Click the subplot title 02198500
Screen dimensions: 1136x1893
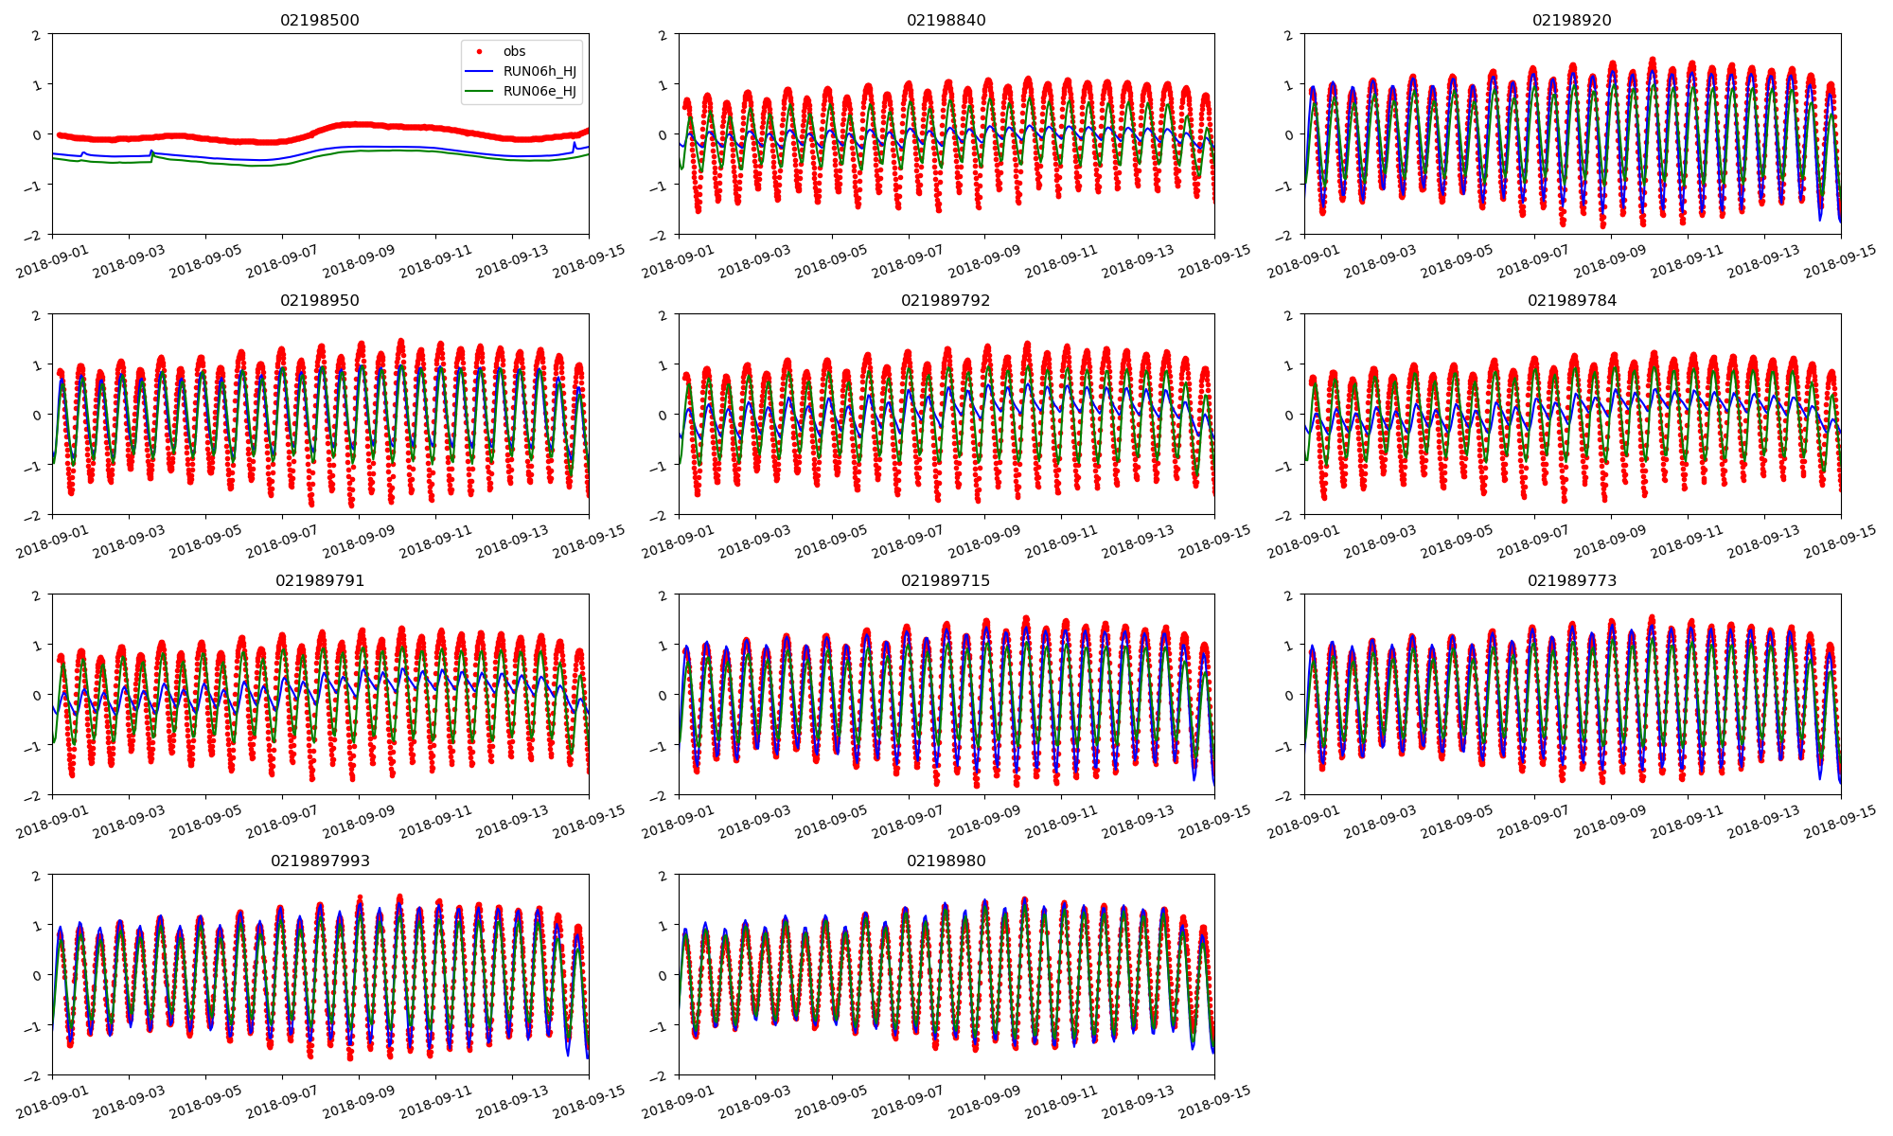320,20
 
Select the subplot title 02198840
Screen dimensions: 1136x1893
946,20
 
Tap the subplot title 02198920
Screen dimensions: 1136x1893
1572,20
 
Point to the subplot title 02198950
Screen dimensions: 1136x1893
320,300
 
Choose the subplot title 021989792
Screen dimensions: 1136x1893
946,300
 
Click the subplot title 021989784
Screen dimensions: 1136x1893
1572,300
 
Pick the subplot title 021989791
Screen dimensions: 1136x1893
320,580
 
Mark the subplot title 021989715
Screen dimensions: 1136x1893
946,580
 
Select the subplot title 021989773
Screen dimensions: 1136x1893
1572,580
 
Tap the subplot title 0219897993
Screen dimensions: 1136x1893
320,861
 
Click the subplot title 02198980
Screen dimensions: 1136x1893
946,861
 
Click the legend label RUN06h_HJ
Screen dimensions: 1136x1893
540,71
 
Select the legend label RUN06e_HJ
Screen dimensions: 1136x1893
540,91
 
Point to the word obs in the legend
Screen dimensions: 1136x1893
514,51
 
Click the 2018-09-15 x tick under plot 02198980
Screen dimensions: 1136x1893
1215,1104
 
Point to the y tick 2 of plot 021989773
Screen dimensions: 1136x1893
1291,595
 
